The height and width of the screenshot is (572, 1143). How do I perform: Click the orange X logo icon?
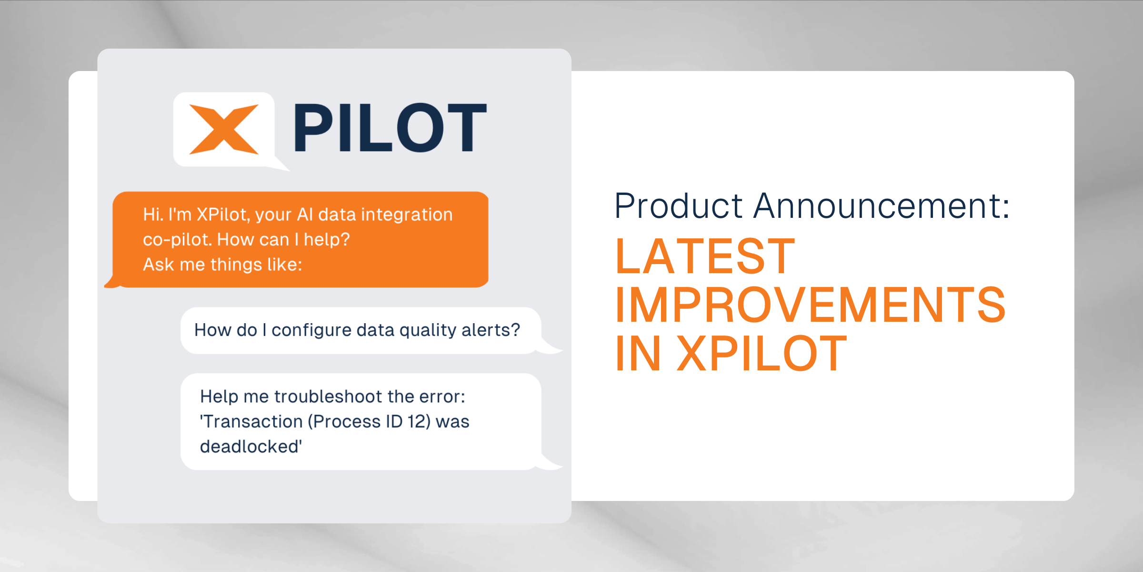[224, 129]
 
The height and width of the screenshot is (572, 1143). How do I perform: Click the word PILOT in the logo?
[390, 128]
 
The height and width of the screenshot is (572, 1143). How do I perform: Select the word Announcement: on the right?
[882, 206]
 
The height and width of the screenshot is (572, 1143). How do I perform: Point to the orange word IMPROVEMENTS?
[810, 305]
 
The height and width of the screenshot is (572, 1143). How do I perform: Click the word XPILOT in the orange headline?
[762, 354]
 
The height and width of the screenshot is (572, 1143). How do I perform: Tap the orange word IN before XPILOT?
[638, 354]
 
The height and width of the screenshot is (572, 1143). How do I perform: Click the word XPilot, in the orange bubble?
[223, 215]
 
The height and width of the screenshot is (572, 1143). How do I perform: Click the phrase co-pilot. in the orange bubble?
[177, 239]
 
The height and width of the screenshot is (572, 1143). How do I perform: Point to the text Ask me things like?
[222, 265]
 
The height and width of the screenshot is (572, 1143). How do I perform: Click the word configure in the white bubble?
[311, 330]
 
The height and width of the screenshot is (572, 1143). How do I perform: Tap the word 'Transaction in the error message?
[251, 421]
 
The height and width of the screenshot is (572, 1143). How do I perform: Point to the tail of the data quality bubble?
[552, 349]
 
